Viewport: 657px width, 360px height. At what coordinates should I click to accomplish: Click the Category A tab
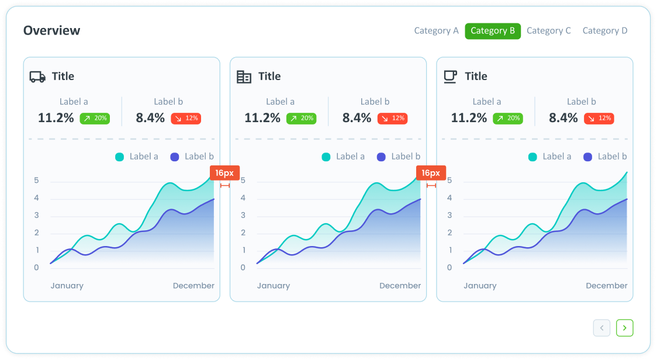click(x=436, y=31)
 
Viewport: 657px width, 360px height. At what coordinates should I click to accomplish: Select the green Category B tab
click(x=493, y=31)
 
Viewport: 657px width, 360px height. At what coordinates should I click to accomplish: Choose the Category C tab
click(x=548, y=31)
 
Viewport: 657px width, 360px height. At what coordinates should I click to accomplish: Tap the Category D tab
click(x=605, y=31)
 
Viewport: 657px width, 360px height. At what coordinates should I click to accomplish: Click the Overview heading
click(x=52, y=30)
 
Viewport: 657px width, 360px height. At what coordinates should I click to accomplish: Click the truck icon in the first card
click(x=37, y=77)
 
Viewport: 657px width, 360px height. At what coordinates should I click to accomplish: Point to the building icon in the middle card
click(x=244, y=77)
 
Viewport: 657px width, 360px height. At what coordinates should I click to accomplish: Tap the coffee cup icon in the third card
click(x=450, y=77)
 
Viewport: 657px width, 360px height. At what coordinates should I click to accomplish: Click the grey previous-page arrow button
click(x=601, y=328)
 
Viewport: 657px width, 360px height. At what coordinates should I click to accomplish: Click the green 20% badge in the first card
click(x=95, y=118)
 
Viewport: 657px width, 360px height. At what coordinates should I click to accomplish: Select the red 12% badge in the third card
click(x=599, y=118)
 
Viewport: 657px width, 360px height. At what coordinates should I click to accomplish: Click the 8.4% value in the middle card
click(x=357, y=118)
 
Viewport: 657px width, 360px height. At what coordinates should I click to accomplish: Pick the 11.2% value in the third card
click(x=469, y=118)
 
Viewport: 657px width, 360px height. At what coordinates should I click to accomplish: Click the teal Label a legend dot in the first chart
click(x=120, y=157)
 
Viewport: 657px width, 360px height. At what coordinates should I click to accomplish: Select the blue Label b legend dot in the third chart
click(x=587, y=157)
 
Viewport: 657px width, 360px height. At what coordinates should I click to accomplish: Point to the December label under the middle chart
click(x=400, y=286)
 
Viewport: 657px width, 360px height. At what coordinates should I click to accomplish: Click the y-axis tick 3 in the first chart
click(x=36, y=215)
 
